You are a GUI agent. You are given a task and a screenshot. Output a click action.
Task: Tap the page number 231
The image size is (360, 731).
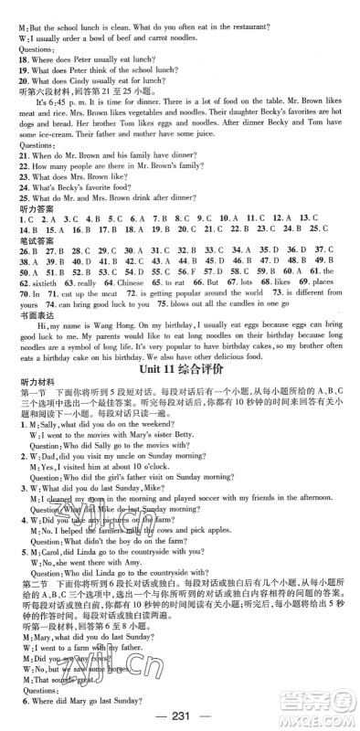point(180,711)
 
